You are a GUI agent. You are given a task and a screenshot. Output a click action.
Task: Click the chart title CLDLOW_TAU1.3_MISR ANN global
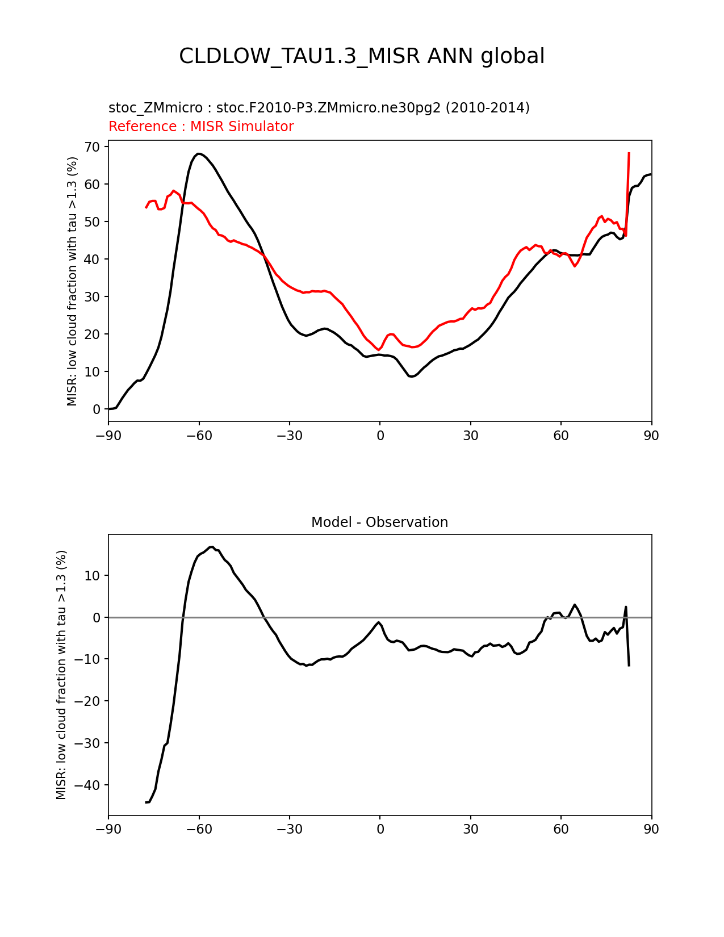point(362,56)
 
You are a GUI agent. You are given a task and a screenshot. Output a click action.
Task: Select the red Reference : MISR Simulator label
point(201,127)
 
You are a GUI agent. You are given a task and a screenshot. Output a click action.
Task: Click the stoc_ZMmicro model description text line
point(319,108)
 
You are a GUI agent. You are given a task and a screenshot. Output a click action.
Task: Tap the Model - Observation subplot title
point(379,522)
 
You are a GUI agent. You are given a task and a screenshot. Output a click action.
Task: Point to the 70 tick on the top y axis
point(93,147)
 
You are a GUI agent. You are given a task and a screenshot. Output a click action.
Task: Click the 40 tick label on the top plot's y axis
point(93,260)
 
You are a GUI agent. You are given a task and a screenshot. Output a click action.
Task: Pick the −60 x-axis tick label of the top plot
point(199,436)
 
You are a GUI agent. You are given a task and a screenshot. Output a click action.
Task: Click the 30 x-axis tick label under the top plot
point(470,436)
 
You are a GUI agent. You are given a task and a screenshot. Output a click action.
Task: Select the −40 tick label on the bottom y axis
point(88,785)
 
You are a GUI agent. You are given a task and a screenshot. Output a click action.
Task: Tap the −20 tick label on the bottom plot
point(88,701)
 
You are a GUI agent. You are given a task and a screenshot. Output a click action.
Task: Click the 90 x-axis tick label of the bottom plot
point(651,829)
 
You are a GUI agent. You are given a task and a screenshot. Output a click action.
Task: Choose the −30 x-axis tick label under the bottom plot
point(289,829)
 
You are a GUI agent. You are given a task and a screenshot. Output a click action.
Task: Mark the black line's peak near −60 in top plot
point(198,153)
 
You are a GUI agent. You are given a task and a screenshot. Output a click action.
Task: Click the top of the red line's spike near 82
point(629,153)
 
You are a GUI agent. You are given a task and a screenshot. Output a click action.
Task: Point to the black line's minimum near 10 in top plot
point(412,377)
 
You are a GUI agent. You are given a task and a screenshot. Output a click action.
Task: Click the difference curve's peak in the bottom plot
point(211,547)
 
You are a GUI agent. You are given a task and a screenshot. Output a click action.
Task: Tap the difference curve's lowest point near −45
point(147,802)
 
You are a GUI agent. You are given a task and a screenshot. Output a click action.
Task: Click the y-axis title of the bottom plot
point(61,675)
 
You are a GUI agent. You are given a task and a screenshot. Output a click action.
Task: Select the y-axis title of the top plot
point(72,281)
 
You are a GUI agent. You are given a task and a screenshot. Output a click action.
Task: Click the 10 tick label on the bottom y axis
point(93,576)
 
